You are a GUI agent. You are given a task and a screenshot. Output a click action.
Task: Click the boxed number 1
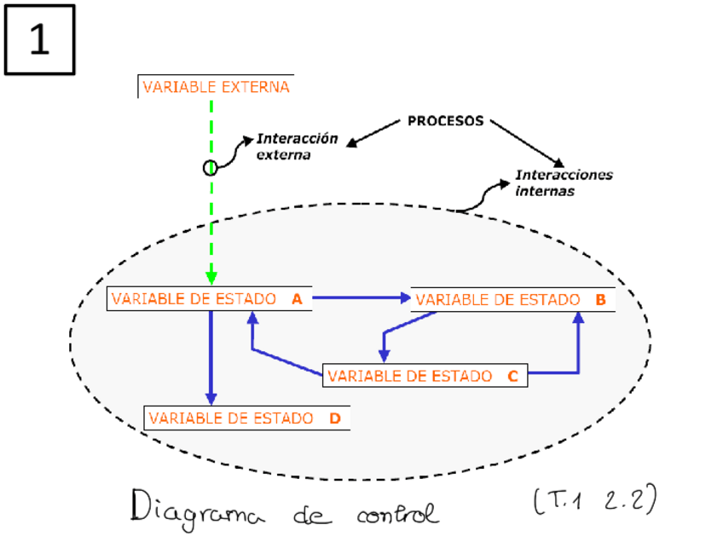coord(39,40)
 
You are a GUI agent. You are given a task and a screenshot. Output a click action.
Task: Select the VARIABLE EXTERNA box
coord(216,87)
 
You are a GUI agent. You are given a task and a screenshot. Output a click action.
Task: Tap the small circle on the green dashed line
coord(210,167)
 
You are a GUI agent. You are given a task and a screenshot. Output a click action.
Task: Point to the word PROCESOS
coord(445,121)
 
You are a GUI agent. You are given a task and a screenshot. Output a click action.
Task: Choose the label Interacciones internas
coord(563,183)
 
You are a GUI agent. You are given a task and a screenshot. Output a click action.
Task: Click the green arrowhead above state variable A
coord(211,278)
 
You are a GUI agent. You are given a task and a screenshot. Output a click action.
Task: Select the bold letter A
coord(297,299)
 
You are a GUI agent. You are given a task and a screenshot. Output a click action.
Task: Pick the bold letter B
coord(600,300)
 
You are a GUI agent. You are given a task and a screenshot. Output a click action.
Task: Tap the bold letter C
coord(512,376)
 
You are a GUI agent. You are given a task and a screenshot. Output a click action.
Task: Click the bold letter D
coord(334,418)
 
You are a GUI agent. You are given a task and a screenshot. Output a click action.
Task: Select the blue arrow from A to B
coord(362,298)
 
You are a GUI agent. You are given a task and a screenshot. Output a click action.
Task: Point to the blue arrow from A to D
coord(211,358)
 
